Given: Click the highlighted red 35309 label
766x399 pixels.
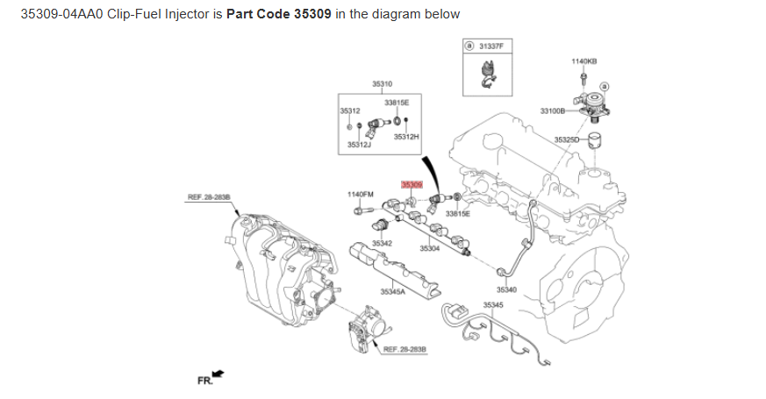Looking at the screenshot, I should tap(412, 185).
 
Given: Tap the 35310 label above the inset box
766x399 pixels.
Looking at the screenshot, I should tap(382, 83).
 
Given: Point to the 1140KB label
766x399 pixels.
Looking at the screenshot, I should tap(584, 61).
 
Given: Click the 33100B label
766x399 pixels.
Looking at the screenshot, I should tap(553, 110).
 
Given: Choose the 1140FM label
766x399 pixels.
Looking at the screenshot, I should tap(361, 194).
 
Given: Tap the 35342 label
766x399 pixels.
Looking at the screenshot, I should tap(382, 243).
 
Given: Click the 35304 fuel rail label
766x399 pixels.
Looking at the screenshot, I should tap(429, 249).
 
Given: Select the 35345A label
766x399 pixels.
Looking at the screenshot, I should tap(392, 291).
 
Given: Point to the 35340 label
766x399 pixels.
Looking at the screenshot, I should tap(506, 289).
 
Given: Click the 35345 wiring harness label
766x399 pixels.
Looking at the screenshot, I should tap(494, 305).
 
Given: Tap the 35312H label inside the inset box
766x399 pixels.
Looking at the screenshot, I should tap(406, 137).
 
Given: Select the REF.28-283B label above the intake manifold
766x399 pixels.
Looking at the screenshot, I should tap(209, 197).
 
